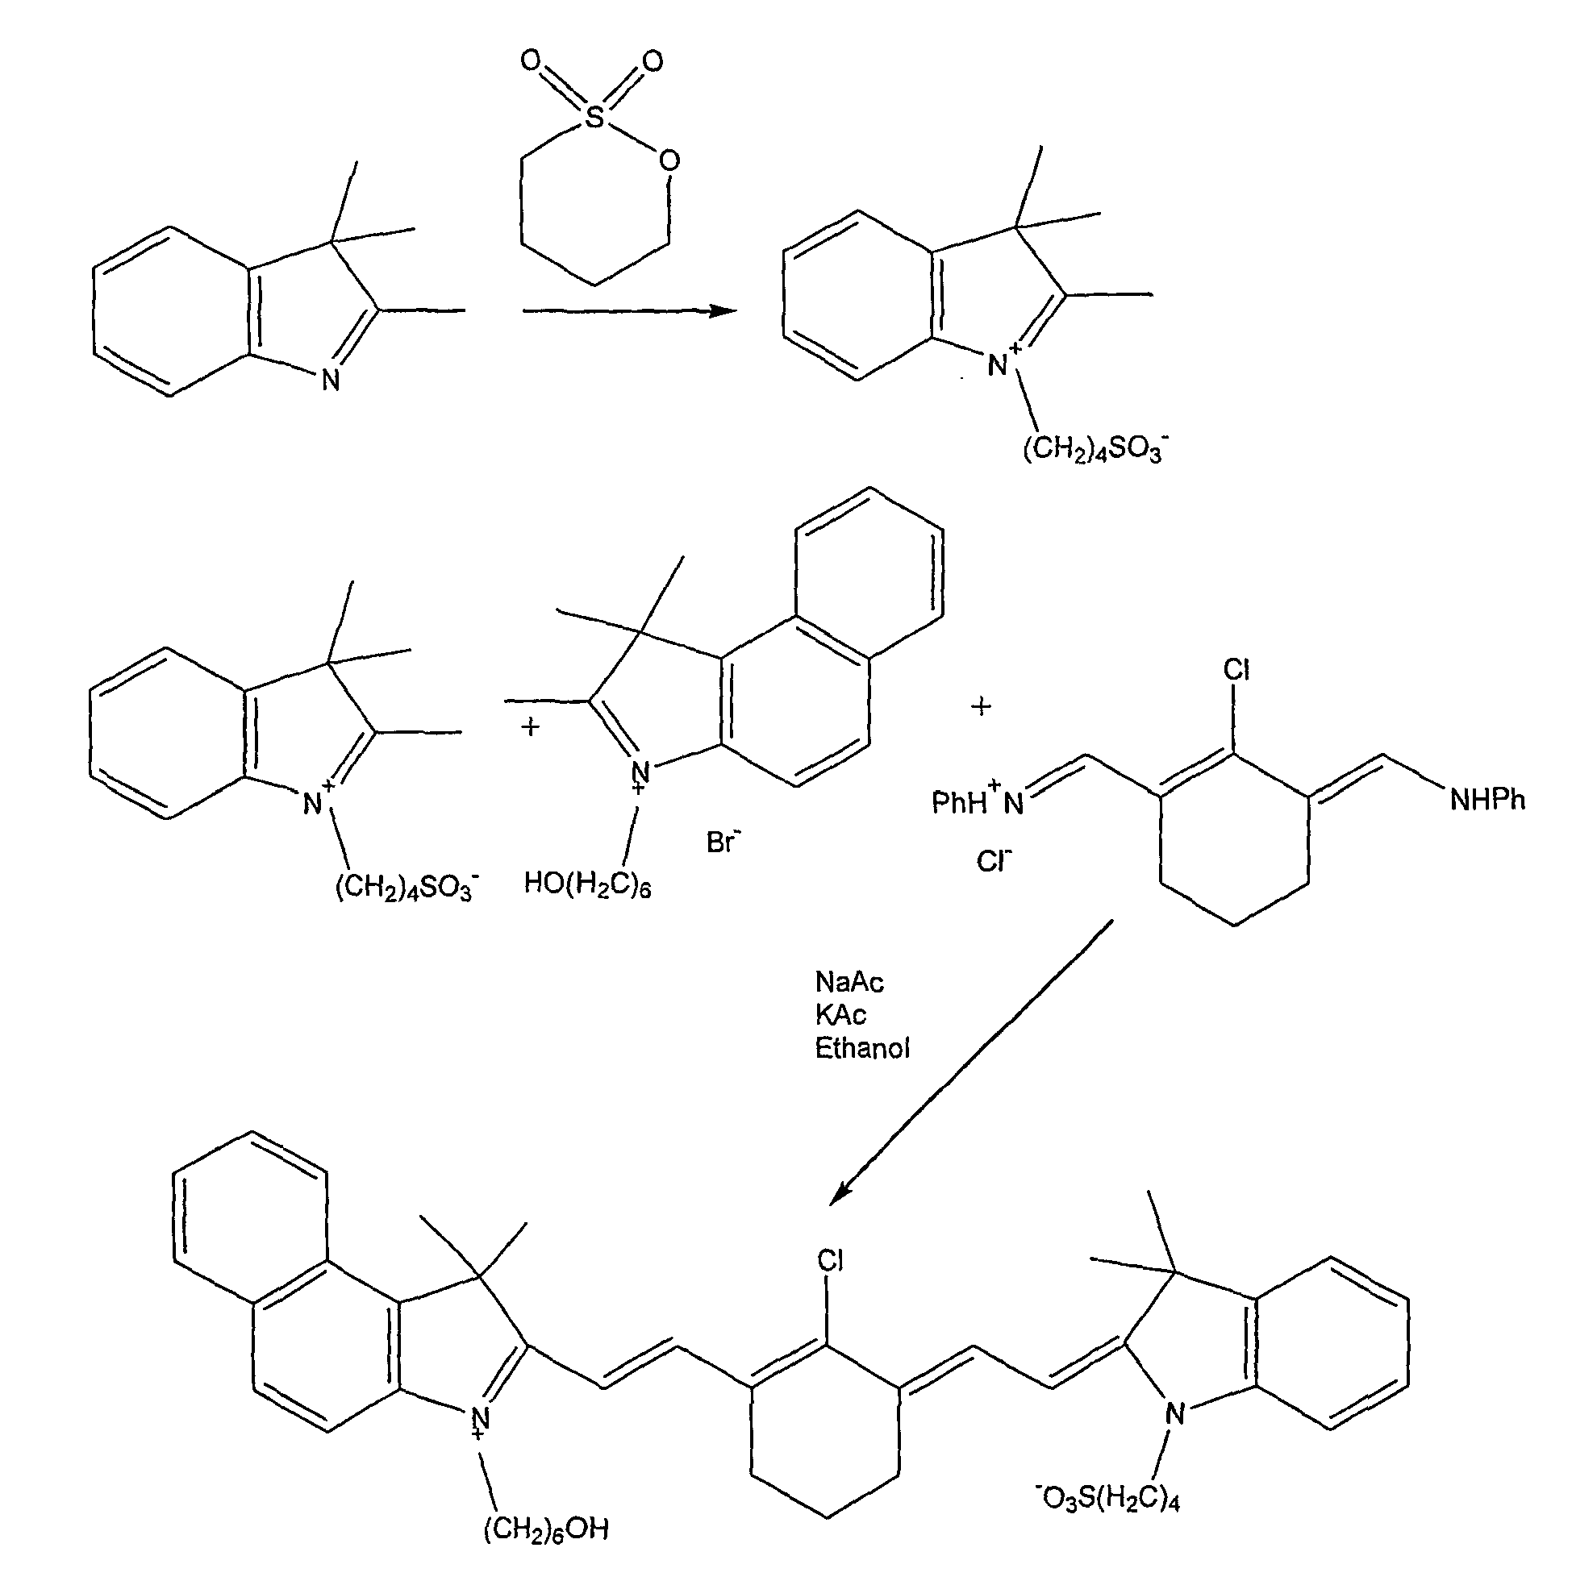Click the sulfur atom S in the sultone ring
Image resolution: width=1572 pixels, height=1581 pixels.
pos(595,118)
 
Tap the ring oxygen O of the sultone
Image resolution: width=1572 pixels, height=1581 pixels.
pos(669,160)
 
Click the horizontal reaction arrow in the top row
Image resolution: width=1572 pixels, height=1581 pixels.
pos(630,310)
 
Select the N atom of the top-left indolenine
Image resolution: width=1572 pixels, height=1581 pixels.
pos(330,381)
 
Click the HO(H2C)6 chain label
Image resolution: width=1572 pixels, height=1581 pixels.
pos(587,884)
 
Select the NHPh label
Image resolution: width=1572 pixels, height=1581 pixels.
pos(1487,800)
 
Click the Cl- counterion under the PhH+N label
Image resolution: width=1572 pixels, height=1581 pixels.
pos(994,861)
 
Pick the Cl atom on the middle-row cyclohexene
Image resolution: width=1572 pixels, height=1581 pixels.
pos(1236,670)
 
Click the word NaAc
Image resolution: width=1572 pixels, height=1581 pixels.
pos(850,982)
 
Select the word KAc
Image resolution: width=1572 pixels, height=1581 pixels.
pos(840,1015)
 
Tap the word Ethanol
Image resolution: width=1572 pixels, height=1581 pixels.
pos(862,1048)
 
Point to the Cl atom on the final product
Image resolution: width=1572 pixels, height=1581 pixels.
pos(830,1261)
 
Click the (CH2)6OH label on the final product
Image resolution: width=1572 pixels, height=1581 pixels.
pos(546,1529)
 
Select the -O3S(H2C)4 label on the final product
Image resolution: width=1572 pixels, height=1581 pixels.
pos(1107,1498)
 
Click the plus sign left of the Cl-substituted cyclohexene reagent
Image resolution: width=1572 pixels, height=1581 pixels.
pos(981,706)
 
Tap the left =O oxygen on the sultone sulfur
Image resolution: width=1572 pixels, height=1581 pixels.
pos(531,60)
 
